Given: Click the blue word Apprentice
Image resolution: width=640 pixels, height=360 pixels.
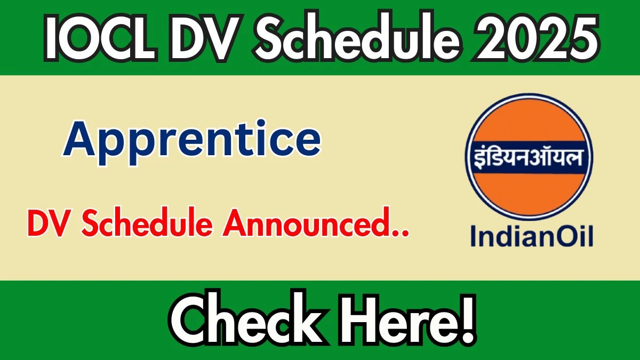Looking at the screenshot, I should pos(192,140).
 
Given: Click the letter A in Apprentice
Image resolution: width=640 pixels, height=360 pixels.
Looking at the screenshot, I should pos(80,140).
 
